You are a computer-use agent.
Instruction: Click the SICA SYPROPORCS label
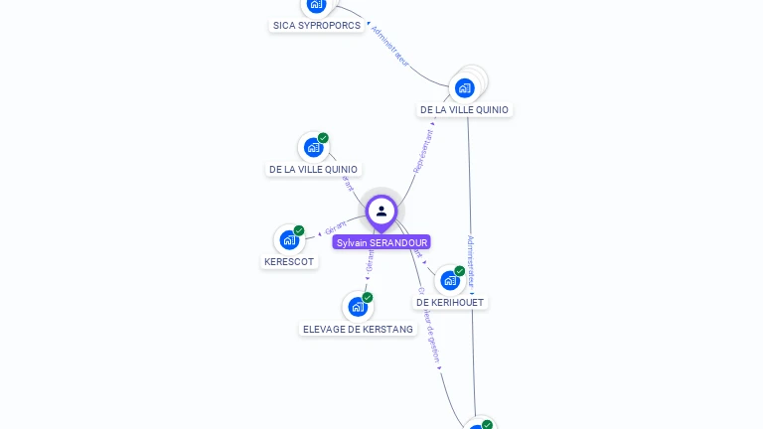pos(317,26)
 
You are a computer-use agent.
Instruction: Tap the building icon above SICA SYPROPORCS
pos(316,5)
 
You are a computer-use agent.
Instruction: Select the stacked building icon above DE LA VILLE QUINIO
pos(464,87)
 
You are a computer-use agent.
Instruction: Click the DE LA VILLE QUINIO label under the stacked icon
pos(464,110)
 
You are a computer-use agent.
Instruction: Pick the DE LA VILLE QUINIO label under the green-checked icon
pos(313,170)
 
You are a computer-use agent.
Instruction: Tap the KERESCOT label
pos(289,262)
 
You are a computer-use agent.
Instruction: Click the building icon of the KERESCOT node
pos(288,240)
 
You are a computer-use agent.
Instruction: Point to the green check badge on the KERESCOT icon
pos(299,231)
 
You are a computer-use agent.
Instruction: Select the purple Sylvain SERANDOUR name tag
pos(381,242)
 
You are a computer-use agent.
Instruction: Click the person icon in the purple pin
pos(381,211)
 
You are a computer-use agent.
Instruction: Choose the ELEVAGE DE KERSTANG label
pos(358,329)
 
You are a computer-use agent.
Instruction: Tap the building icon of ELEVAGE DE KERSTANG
pos(357,307)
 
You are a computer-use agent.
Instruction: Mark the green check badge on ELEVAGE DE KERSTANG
pos(368,298)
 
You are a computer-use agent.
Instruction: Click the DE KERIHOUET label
pos(451,302)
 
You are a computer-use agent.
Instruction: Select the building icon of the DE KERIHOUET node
pos(449,280)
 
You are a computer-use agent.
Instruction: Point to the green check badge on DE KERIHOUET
pos(460,271)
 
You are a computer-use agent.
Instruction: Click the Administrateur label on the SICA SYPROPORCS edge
pos(389,47)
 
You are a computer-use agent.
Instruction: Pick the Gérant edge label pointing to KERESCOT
pos(336,228)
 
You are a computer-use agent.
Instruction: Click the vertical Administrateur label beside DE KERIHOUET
pos(471,260)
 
